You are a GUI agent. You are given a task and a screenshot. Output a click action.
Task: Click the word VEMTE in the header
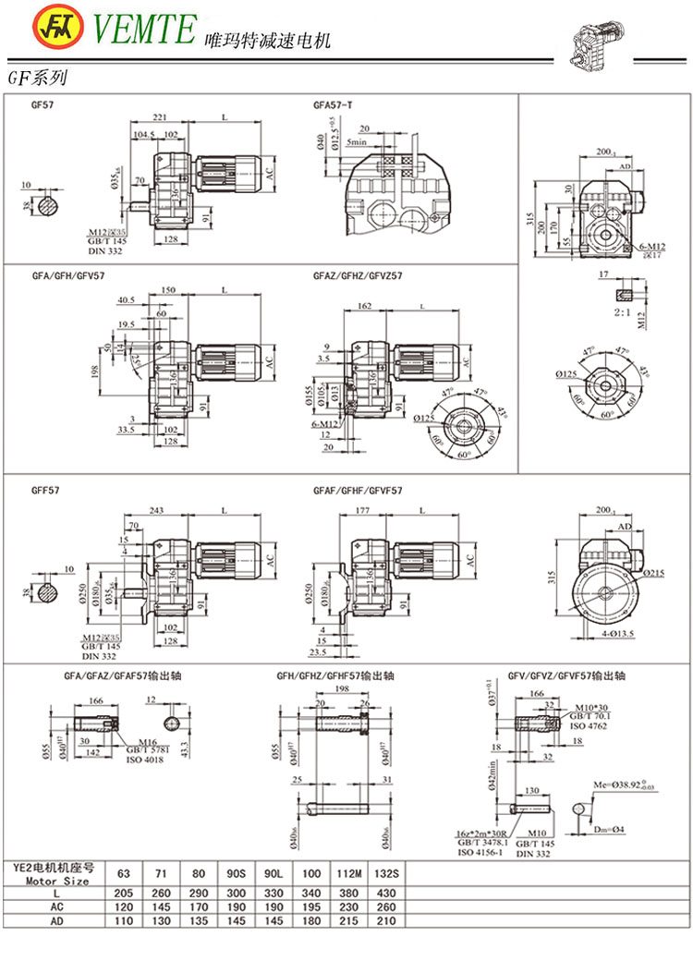143,30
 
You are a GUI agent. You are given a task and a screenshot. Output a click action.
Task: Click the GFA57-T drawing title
333,105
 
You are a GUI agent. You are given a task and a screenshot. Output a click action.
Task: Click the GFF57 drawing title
47,490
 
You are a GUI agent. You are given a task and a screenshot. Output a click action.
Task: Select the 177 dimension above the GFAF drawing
362,511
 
